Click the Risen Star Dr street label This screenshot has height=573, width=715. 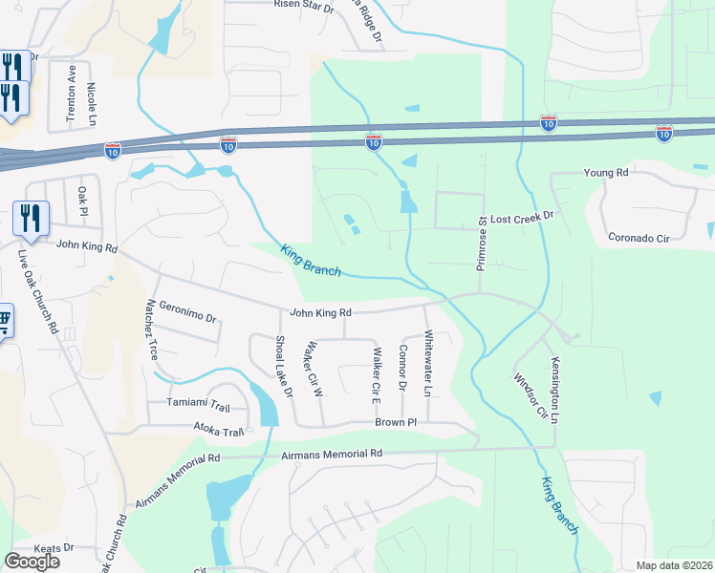point(304,6)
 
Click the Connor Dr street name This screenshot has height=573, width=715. point(402,369)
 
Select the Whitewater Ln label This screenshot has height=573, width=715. point(428,364)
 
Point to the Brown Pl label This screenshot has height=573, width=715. point(396,421)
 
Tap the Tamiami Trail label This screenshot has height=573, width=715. point(200,403)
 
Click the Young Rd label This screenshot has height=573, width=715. point(606,173)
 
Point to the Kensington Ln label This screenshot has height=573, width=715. point(554,391)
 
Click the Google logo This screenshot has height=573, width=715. point(32,562)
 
